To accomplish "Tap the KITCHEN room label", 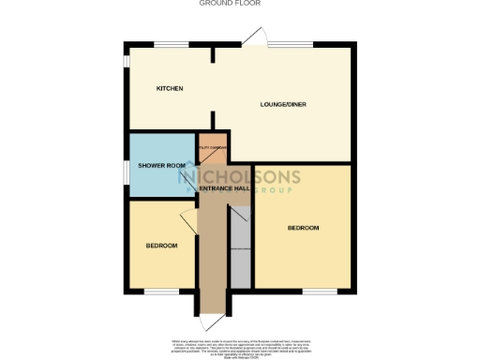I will tap(170, 88).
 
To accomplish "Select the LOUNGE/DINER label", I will tap(284, 104).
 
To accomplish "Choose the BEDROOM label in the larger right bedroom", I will tap(303, 228).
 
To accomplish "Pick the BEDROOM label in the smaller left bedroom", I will tap(161, 246).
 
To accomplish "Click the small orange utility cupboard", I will tap(211, 147).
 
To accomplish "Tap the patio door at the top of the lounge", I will tap(252, 37).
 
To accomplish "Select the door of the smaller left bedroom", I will tap(187, 219).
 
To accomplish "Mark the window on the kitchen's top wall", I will tap(170, 44).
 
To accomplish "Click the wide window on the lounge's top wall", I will tap(295, 44).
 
